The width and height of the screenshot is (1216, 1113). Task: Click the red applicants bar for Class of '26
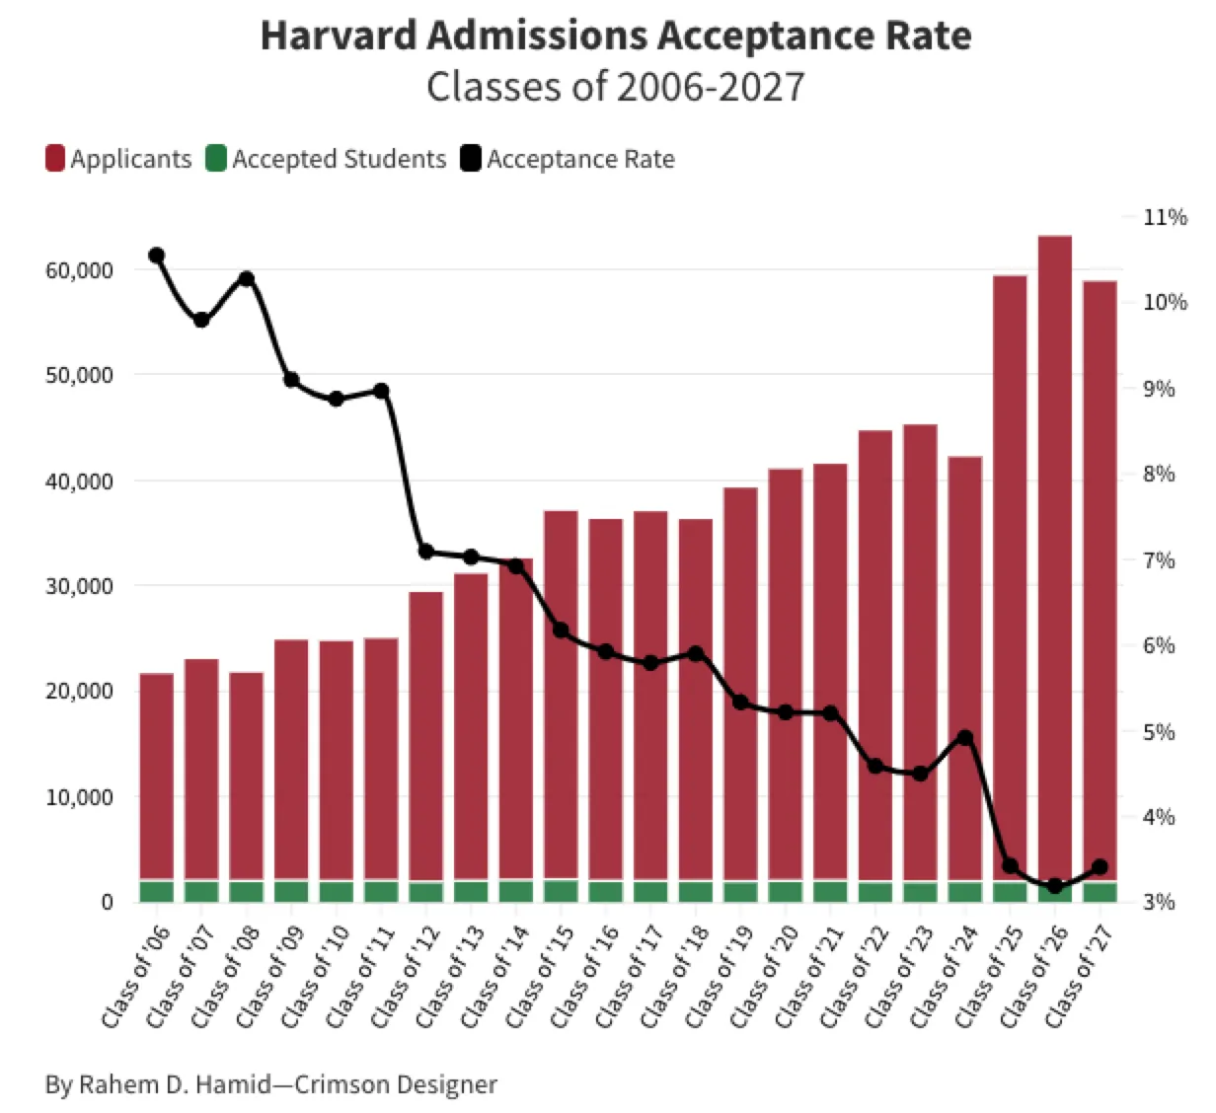pos(1055,553)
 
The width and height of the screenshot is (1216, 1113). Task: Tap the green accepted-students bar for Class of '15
pos(561,891)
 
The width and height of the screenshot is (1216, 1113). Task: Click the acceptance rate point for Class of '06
pos(156,256)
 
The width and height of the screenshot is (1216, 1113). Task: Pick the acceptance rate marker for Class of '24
pos(965,738)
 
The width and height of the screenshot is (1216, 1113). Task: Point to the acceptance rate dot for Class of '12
pos(426,552)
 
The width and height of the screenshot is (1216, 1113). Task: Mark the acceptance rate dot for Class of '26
pos(1055,886)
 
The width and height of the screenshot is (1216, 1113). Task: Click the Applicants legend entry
pos(118,159)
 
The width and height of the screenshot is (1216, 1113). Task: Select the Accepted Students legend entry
pos(326,159)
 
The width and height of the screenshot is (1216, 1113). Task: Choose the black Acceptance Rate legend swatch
pos(471,159)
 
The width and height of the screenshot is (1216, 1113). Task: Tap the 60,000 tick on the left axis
pos(80,270)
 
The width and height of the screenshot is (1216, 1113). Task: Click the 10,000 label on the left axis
pos(80,797)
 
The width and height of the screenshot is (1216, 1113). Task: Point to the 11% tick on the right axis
pos(1165,217)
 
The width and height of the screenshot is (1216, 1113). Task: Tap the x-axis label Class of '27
pos(1078,977)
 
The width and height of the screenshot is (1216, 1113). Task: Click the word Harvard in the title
pos(339,37)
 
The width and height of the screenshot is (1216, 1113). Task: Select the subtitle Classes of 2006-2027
pos(615,87)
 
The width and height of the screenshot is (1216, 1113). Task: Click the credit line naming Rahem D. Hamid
pos(271,1084)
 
